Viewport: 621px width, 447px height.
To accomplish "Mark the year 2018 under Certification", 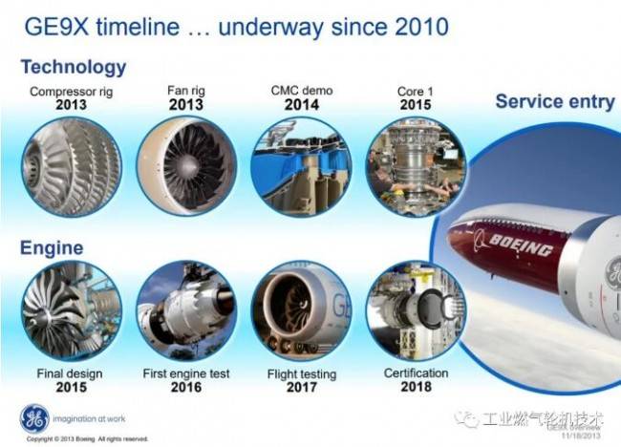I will pos(416,386).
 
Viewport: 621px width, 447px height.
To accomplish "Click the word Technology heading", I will pos(73,67).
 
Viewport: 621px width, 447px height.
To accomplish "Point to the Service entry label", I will pos(554,101).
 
